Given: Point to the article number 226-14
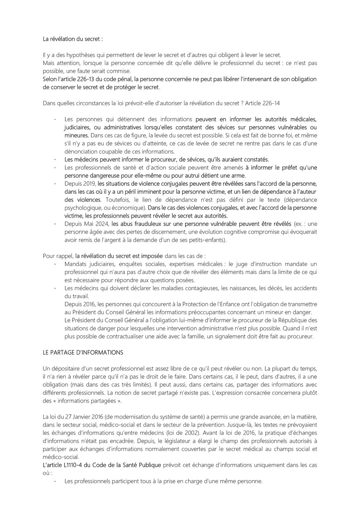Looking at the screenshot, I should tap(271, 103).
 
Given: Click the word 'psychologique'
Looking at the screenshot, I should tap(83, 208).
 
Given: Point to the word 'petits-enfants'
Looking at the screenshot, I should tap(203, 240).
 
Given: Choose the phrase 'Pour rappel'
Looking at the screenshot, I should tap(58, 256).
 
